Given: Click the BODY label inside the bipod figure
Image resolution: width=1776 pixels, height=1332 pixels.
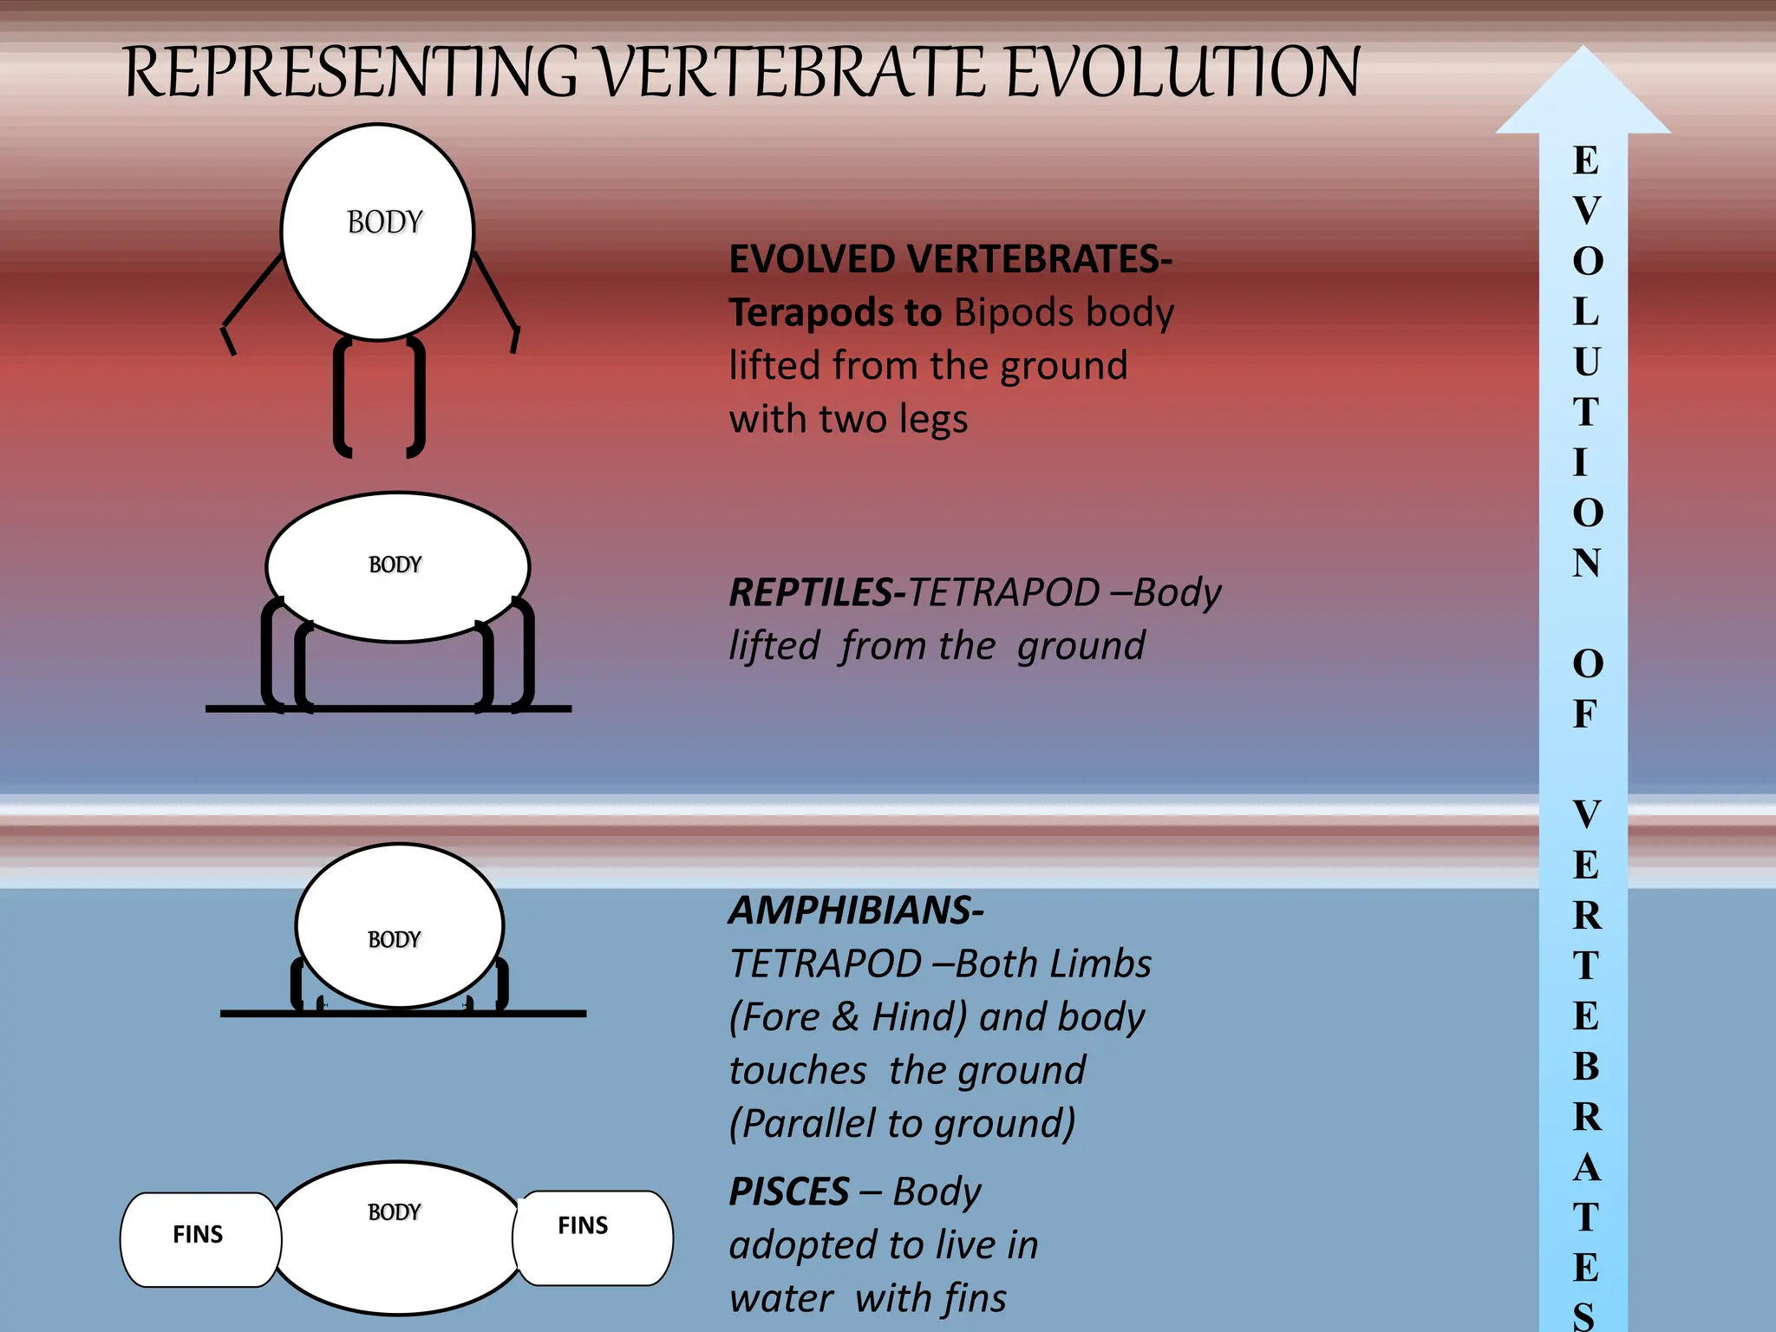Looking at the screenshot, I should tap(384, 223).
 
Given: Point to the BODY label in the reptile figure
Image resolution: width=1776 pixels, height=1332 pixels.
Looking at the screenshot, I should tap(395, 565).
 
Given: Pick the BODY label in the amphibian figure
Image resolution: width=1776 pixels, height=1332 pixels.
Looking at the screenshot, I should tap(394, 940).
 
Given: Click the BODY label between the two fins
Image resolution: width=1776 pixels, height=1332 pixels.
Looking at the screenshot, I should tap(394, 1212).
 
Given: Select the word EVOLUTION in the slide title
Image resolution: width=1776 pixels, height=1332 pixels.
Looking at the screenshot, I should tap(1183, 72).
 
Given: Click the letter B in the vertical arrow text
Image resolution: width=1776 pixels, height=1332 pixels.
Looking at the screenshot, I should tap(1586, 1067).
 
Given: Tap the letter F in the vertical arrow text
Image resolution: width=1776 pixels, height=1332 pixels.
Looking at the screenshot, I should tap(1585, 714).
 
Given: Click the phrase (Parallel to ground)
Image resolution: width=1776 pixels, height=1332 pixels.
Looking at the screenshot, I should tap(902, 1124).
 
